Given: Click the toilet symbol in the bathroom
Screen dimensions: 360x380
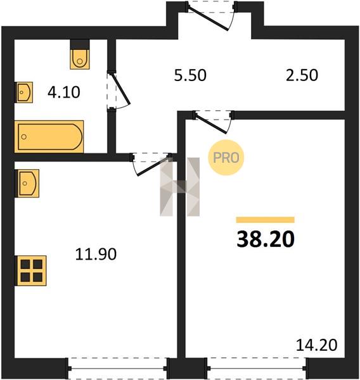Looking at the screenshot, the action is (x=80, y=60).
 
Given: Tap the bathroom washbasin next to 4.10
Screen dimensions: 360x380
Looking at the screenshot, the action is (x=24, y=92).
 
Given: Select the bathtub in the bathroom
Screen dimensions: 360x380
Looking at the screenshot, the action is (x=49, y=137).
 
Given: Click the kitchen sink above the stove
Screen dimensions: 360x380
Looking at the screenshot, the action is (x=27, y=183).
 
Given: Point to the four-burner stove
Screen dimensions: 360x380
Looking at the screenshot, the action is (x=31, y=270).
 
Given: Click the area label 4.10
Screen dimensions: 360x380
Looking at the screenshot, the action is (x=64, y=92).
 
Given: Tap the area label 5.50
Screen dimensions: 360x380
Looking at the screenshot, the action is (x=190, y=75).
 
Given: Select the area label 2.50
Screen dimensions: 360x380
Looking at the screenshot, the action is (x=302, y=75).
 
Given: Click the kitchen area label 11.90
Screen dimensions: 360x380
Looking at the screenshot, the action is (x=96, y=254).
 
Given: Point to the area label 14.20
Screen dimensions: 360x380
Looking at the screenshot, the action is (x=316, y=345).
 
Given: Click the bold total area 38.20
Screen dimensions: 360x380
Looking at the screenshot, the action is (x=266, y=239).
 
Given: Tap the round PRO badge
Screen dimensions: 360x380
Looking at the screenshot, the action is (x=226, y=158).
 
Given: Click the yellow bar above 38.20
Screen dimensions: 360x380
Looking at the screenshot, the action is (x=266, y=220).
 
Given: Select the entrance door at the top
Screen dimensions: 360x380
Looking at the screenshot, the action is (x=211, y=15).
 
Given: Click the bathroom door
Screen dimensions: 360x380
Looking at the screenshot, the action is (x=119, y=91).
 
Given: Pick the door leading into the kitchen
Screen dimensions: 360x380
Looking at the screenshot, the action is (x=151, y=164).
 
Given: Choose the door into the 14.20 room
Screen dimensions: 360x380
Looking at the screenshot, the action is (x=213, y=122).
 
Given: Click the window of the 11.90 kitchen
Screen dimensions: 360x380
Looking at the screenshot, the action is (x=118, y=369).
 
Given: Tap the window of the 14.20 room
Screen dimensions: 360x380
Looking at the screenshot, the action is (x=257, y=369).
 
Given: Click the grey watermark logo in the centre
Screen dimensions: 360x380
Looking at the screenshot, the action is (x=180, y=187).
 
